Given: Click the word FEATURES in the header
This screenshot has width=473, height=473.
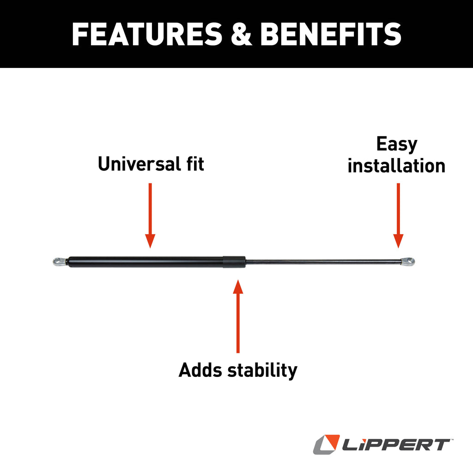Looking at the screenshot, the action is pyautogui.click(x=147, y=34).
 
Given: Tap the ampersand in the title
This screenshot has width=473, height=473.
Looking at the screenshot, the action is pyautogui.click(x=241, y=34).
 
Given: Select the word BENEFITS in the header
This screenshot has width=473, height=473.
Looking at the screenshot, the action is pyautogui.click(x=331, y=34).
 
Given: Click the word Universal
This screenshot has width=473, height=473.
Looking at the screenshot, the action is pyautogui.click(x=139, y=164).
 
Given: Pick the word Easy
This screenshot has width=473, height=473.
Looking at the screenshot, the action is pyautogui.click(x=397, y=145).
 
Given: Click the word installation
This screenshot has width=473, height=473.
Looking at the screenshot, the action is pyautogui.click(x=396, y=166).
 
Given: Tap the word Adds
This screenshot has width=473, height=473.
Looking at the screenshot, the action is pyautogui.click(x=200, y=370).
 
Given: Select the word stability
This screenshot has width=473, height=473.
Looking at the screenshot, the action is pyautogui.click(x=262, y=370).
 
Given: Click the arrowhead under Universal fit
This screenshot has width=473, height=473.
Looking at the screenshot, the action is pyautogui.click(x=150, y=241).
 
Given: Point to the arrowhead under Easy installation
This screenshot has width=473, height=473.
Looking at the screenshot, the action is pyautogui.click(x=398, y=241).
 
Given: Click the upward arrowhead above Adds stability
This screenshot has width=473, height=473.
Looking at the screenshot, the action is pyautogui.click(x=238, y=286).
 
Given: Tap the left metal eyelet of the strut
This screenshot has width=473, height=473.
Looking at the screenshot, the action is pyautogui.click(x=60, y=261).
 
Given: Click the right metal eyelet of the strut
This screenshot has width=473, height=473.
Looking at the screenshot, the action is pyautogui.click(x=408, y=261).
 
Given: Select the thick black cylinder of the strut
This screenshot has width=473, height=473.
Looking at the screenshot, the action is pyautogui.click(x=146, y=262).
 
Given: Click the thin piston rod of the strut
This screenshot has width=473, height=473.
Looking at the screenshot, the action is pyautogui.click(x=323, y=261).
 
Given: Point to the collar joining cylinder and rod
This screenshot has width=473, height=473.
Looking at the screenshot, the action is pyautogui.click(x=234, y=262).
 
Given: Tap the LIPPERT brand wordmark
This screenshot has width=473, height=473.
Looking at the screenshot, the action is pyautogui.click(x=395, y=445).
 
